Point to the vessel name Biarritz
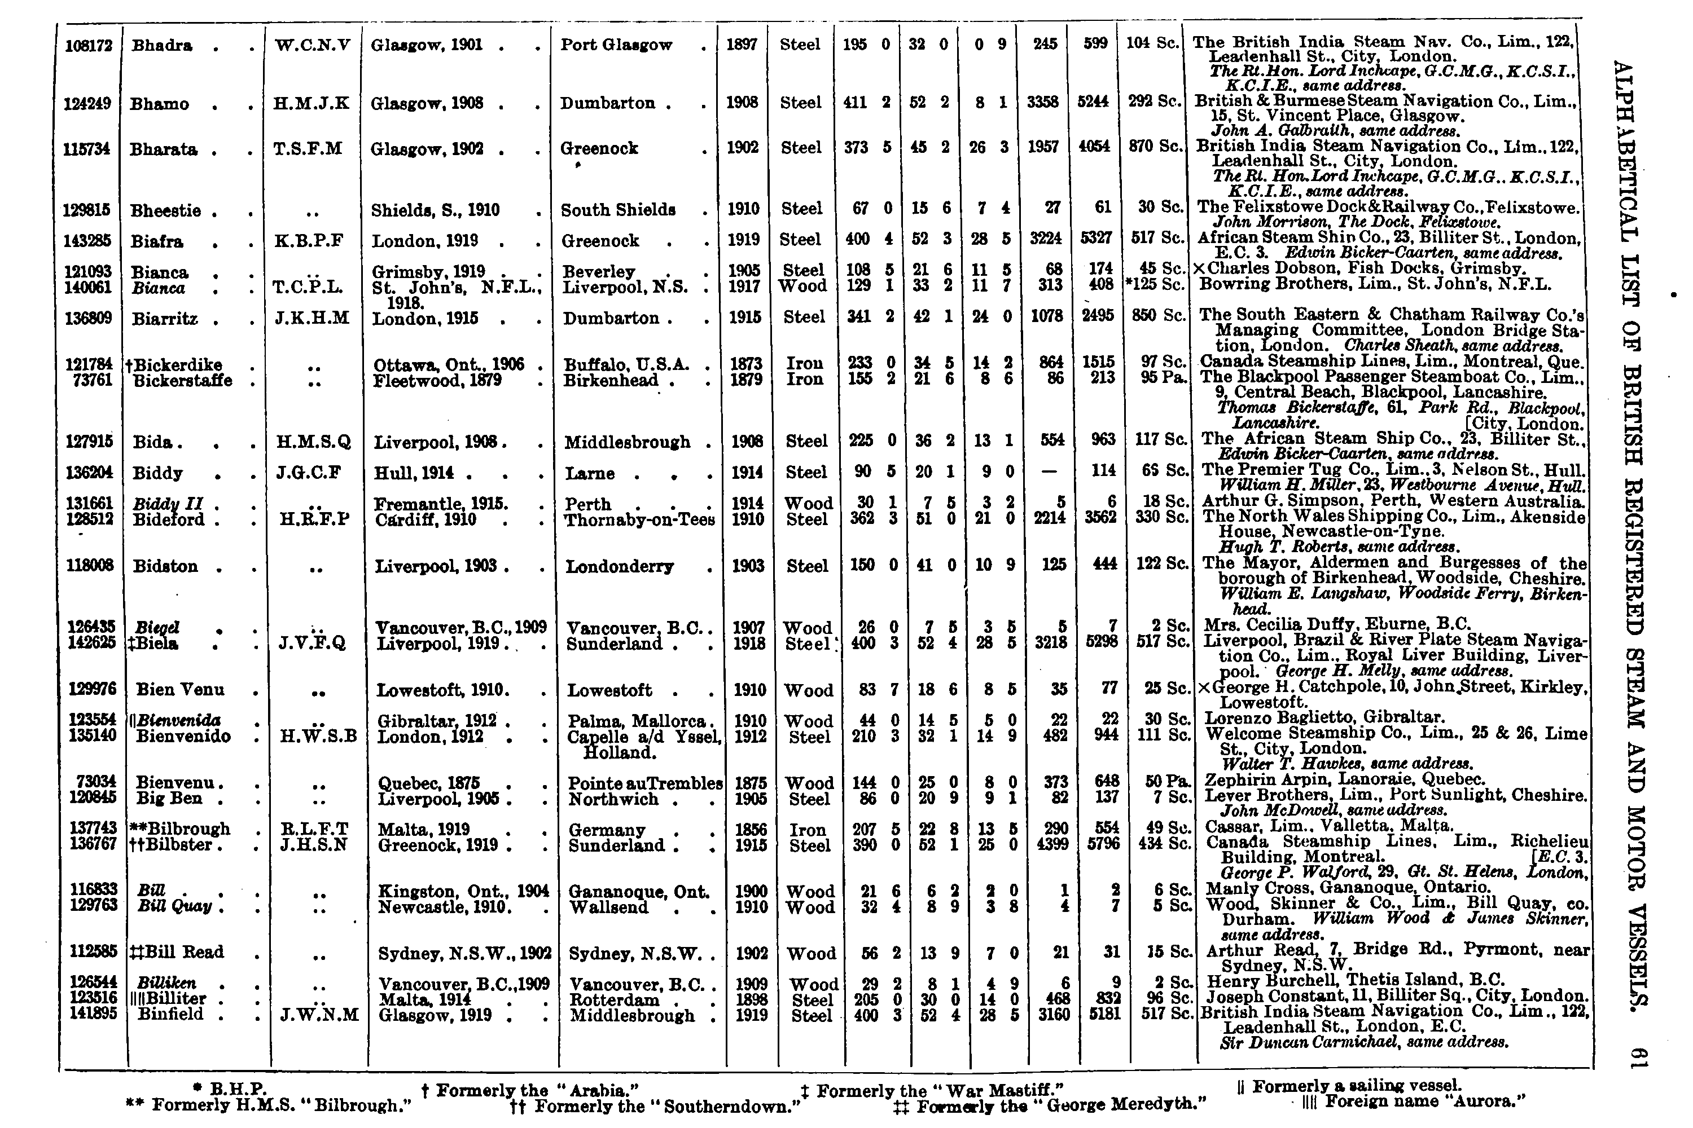[165, 319]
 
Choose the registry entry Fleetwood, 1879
[437, 381]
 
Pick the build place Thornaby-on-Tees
[640, 519]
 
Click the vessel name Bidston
[165, 566]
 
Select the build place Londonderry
[620, 567]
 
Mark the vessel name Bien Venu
[180, 689]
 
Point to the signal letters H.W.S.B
[318, 737]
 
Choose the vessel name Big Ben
[169, 799]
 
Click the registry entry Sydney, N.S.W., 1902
[464, 953]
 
